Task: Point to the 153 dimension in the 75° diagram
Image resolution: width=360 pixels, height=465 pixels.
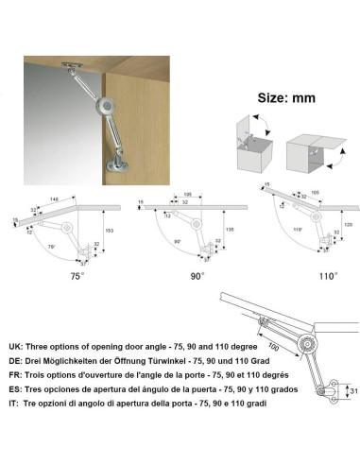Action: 111,232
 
